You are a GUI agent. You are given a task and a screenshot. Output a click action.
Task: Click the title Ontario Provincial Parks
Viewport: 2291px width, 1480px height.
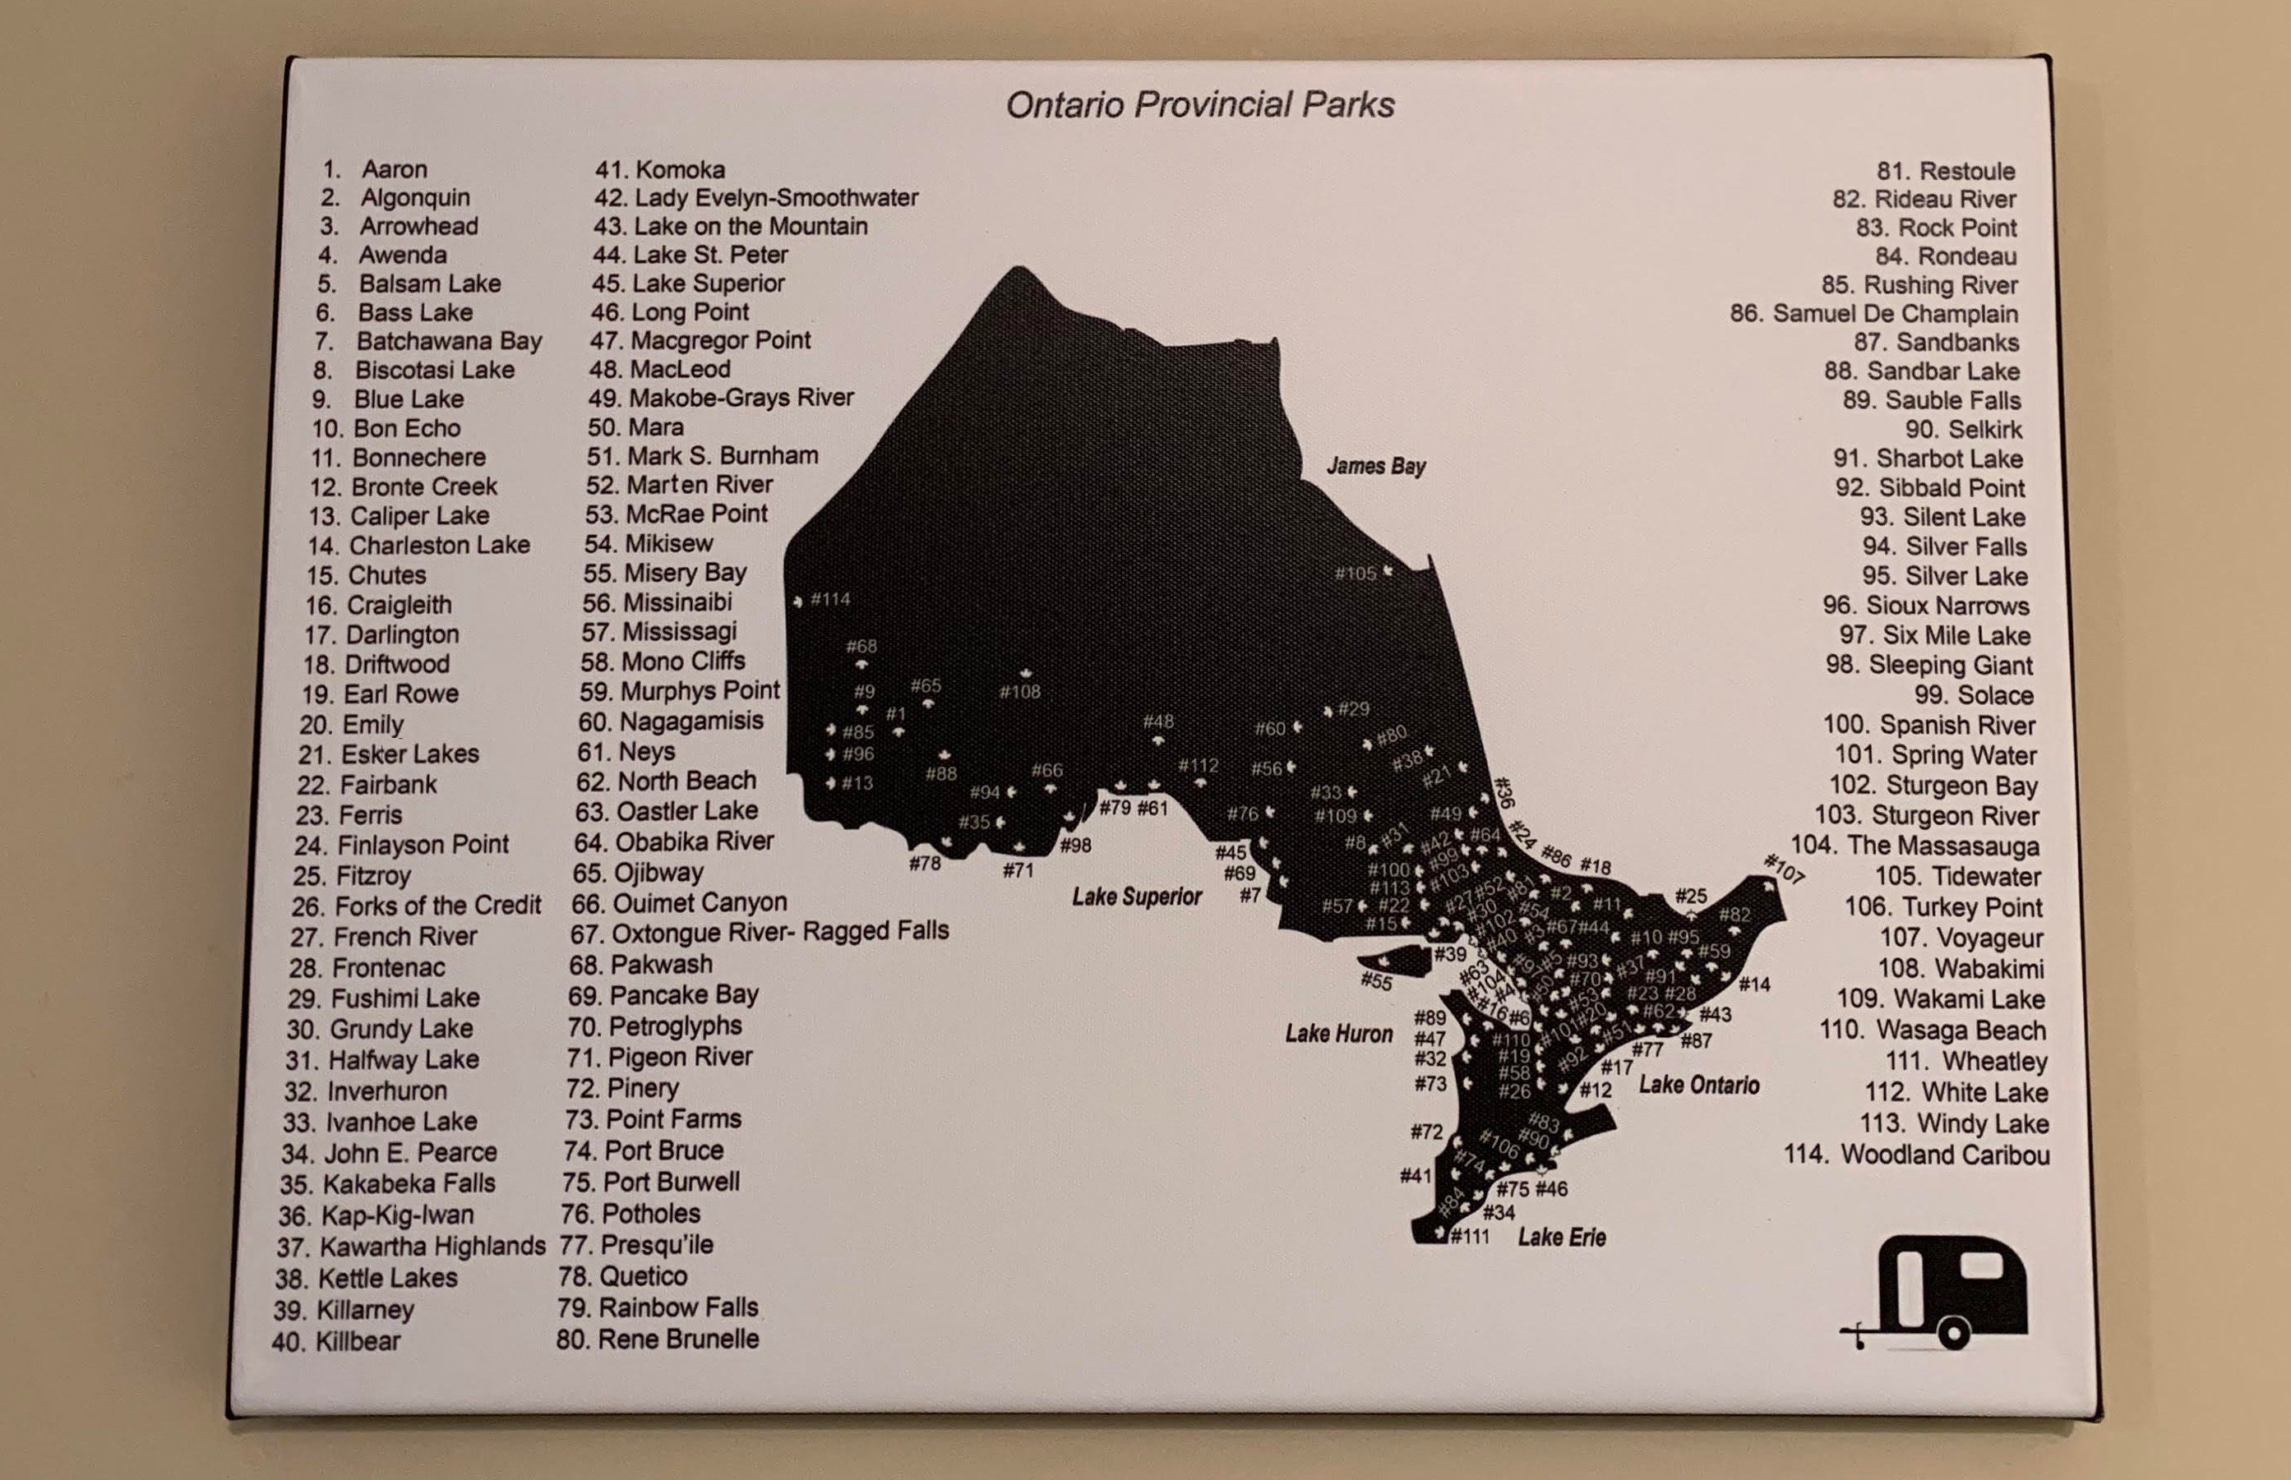point(1200,104)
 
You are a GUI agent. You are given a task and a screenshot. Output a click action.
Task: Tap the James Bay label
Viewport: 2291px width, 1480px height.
point(1376,466)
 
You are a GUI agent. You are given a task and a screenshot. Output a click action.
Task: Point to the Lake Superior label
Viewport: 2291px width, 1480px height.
point(1138,897)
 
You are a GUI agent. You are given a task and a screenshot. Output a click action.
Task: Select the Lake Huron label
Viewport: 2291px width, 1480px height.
point(1338,1034)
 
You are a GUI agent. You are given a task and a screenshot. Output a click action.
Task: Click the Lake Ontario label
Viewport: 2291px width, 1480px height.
point(1699,1085)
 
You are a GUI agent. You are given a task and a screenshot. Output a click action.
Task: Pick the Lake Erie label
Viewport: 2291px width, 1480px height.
point(1561,1237)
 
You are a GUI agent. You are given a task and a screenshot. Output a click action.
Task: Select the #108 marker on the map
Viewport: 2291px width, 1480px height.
point(1020,691)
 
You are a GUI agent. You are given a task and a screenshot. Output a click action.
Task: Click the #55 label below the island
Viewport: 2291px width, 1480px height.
point(1376,980)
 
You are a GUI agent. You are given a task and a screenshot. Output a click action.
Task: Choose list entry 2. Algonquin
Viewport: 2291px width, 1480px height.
point(396,198)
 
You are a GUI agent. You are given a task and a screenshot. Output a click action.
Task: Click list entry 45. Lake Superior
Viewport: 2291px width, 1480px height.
point(688,284)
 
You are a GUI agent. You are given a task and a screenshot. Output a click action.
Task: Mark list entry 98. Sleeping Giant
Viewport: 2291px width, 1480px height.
point(1928,665)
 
